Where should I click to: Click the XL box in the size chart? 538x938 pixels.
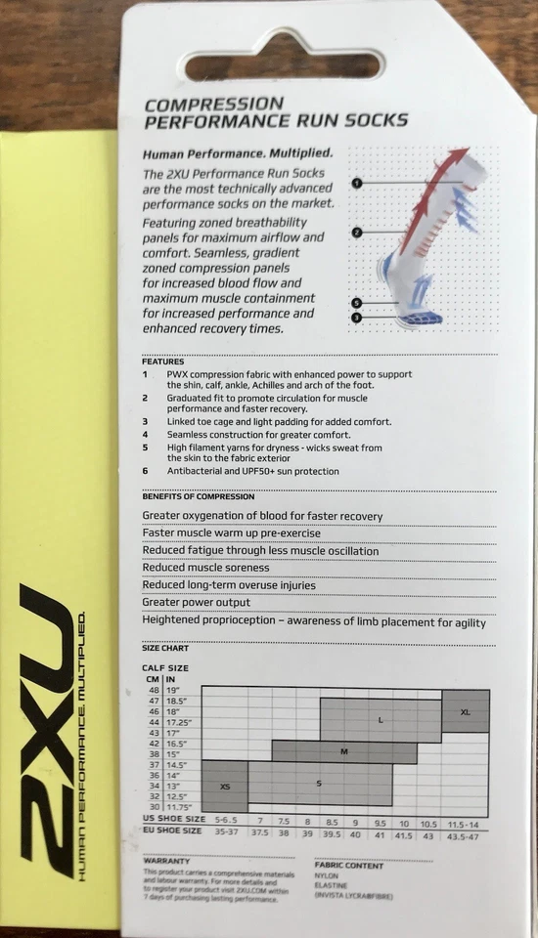click(466, 712)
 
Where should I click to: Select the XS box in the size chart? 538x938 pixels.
click(224, 786)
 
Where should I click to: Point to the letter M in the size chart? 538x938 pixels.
click(344, 751)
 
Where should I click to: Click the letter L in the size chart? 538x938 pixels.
click(381, 720)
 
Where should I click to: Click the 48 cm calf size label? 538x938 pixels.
click(153, 691)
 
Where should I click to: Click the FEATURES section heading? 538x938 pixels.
click(162, 362)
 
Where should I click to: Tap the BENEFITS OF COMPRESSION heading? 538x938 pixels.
click(199, 496)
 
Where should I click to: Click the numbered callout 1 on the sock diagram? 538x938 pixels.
click(356, 183)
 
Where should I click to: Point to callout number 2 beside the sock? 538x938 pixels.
click(357, 233)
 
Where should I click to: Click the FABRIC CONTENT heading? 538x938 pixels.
click(349, 865)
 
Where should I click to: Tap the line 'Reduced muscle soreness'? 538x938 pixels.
click(205, 568)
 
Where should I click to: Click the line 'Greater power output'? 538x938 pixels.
click(197, 603)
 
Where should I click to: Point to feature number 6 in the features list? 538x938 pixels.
click(145, 471)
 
